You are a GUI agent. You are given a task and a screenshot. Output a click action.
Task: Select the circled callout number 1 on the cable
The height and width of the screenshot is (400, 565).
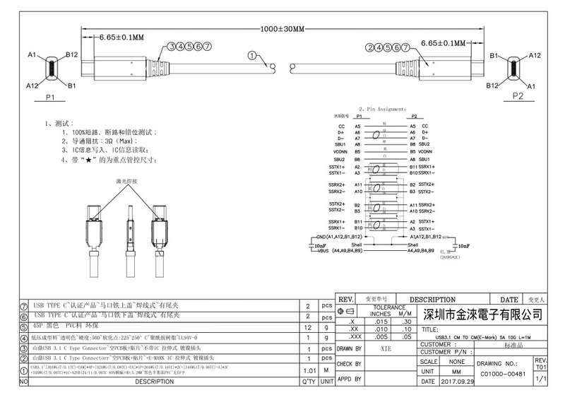click(252, 55)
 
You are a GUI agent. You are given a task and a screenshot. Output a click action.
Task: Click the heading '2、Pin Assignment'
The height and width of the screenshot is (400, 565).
click(382, 109)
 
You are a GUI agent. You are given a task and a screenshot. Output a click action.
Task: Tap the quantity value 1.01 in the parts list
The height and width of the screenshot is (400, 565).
click(308, 370)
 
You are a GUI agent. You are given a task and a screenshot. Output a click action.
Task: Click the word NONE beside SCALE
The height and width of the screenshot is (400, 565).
click(447, 360)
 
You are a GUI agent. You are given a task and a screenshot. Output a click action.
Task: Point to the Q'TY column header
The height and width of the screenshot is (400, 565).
click(308, 382)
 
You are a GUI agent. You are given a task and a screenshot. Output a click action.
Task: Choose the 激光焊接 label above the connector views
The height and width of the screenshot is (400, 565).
click(127, 181)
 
